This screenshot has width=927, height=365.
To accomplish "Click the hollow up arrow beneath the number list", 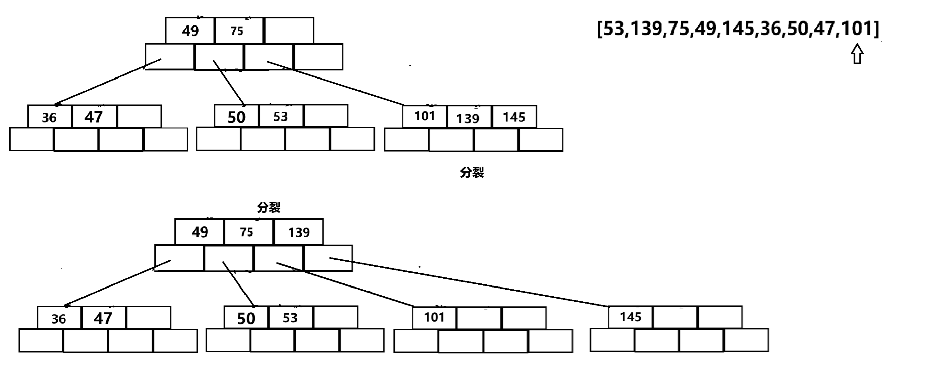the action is coord(857,54).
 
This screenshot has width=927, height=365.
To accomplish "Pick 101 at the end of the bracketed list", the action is coord(858,29).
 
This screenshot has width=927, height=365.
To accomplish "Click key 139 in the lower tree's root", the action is coord(299,232).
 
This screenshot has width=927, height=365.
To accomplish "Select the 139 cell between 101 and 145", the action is coord(468,118).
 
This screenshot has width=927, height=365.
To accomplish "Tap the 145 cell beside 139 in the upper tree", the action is coord(513,117).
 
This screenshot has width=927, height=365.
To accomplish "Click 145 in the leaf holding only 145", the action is coord(631,317).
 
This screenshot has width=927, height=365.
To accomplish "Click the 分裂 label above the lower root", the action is coord(268,207).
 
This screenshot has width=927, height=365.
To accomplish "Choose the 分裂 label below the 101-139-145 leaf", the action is coord(472,173).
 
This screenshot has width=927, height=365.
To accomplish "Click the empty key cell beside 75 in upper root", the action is coord(289,31).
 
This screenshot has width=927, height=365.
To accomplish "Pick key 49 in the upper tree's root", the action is coord(190,31).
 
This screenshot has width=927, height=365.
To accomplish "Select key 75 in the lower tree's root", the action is coord(247,232).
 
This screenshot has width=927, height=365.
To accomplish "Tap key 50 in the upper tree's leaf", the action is coord(236,117).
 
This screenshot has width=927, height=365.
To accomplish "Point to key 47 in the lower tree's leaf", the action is coord(103,318).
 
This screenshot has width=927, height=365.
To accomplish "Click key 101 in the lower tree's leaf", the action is coord(434,317).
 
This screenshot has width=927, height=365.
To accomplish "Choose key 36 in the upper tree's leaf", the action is coord(49,118).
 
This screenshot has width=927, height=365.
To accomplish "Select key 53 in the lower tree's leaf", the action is coord(290,318).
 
